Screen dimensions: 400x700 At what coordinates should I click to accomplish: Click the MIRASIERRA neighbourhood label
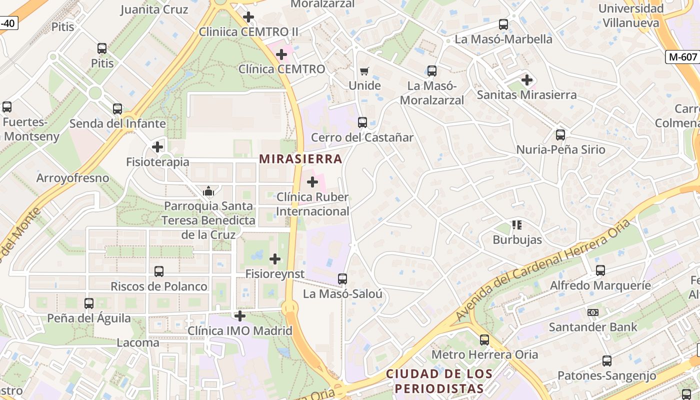(x=300, y=159)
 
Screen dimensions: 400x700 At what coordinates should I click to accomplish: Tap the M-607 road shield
(x=683, y=57)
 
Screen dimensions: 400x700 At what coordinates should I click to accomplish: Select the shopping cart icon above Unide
(x=364, y=71)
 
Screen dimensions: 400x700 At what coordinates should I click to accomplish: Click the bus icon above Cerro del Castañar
(x=362, y=122)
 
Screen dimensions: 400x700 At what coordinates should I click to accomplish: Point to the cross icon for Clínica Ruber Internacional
(x=312, y=182)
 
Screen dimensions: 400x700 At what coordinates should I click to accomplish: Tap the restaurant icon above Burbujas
(x=517, y=225)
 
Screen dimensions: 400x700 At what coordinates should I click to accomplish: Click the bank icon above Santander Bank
(x=593, y=312)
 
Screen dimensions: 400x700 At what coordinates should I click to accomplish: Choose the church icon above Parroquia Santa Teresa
(x=208, y=191)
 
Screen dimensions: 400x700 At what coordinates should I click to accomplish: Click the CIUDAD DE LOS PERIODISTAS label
(x=439, y=381)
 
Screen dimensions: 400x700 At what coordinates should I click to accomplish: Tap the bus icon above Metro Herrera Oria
(x=484, y=340)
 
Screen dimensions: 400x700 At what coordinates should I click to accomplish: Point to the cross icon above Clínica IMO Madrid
(x=240, y=316)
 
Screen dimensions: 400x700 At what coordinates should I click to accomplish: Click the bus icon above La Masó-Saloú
(x=342, y=279)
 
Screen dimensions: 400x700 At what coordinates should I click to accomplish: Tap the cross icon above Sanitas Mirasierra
(x=526, y=80)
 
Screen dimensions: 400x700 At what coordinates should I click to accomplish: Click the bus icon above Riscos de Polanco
(x=159, y=271)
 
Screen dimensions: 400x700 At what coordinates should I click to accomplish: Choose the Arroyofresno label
(x=72, y=178)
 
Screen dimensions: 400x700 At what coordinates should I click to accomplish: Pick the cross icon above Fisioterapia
(x=157, y=147)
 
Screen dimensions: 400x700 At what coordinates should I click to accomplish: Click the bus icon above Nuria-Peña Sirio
(x=560, y=135)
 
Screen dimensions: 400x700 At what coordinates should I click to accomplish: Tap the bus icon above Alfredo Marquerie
(x=600, y=270)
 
